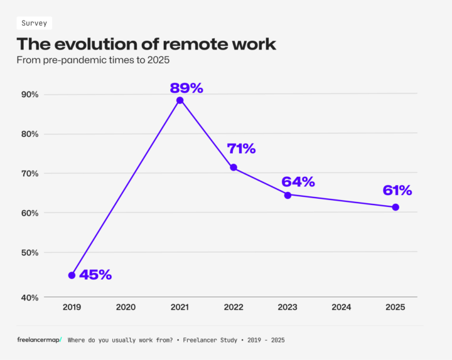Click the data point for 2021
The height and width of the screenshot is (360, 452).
(x=180, y=100)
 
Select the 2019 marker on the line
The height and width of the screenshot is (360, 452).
(x=72, y=275)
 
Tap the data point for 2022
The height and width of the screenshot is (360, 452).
(x=234, y=167)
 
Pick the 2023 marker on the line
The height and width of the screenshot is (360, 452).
(x=288, y=195)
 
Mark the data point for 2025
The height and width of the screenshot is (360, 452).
(x=395, y=207)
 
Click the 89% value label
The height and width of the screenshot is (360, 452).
(x=186, y=88)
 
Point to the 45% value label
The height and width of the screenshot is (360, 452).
(x=95, y=275)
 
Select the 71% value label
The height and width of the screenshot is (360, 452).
(x=241, y=149)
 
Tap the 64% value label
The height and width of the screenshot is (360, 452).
(x=298, y=182)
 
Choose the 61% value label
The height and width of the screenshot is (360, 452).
(x=397, y=190)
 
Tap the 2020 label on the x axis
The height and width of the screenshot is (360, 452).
(x=126, y=307)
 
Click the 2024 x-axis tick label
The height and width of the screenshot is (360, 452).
(x=342, y=307)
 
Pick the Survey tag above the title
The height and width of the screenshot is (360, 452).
(x=34, y=23)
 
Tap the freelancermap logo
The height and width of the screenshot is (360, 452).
(x=40, y=339)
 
